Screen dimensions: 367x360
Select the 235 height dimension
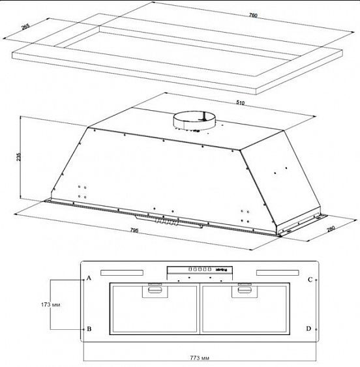pos(15,156)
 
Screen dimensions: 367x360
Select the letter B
pos(89,329)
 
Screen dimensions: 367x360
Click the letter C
pos(310,280)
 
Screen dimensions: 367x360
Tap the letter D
pos(309,329)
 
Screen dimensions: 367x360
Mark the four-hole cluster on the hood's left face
pos(82,192)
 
